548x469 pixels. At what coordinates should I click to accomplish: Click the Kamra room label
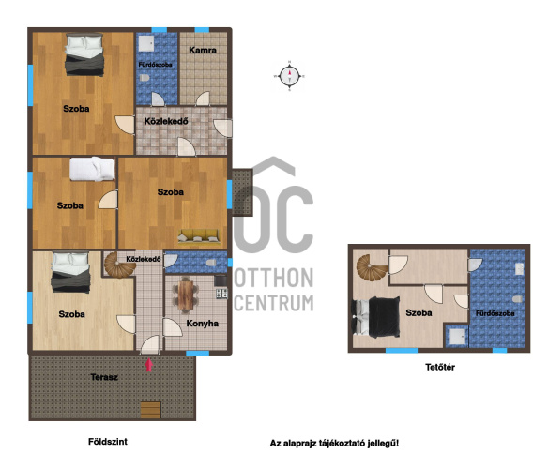(x=203, y=51)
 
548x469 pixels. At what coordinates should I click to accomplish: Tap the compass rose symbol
(x=289, y=76)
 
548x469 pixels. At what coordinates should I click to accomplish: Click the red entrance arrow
(x=149, y=365)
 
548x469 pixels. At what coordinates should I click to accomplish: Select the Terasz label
(x=104, y=377)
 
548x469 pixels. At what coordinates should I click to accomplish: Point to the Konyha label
(x=203, y=324)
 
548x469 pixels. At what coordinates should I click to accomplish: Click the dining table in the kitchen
(x=186, y=295)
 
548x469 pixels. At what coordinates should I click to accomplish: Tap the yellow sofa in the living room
(x=199, y=236)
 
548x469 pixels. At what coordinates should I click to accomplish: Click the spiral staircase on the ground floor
(x=120, y=265)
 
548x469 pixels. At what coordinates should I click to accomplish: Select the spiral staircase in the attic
(x=372, y=268)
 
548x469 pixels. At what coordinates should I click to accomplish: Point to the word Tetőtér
(x=440, y=367)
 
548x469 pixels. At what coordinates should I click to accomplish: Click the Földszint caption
(x=108, y=442)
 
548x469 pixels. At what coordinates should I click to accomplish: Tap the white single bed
(x=92, y=169)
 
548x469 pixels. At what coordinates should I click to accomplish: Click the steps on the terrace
(x=151, y=410)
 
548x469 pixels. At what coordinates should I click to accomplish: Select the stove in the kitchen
(x=221, y=294)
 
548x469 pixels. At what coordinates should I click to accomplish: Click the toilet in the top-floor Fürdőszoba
(x=518, y=299)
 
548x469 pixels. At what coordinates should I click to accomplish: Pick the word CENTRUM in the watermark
(x=274, y=303)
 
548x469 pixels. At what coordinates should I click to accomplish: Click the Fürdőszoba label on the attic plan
(x=495, y=313)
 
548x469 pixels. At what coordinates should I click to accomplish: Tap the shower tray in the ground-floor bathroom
(x=146, y=43)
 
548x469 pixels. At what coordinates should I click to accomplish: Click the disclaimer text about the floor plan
(x=334, y=444)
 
